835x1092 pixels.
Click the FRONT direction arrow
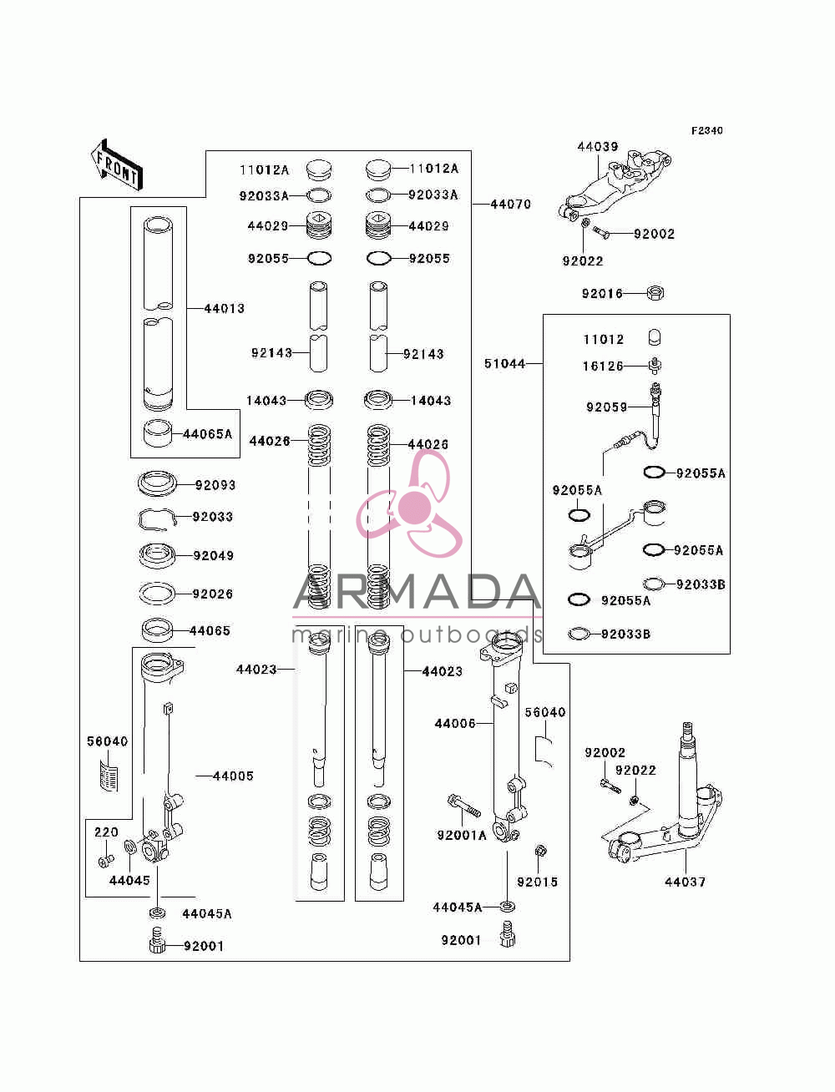click(x=116, y=164)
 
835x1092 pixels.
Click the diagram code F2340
click(x=706, y=131)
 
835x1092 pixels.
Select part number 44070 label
click(x=510, y=204)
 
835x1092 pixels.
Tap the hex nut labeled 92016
click(x=655, y=293)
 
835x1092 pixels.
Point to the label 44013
click(x=225, y=308)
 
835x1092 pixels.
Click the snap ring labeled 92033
click(x=157, y=519)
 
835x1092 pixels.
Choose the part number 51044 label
click(x=504, y=364)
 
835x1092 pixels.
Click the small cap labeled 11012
click(x=655, y=337)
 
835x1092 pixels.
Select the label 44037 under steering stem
click(x=685, y=882)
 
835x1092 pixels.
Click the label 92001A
click(x=461, y=836)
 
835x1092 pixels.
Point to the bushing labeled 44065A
click(x=158, y=433)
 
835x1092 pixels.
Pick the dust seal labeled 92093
click(x=157, y=483)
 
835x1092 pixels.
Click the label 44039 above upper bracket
click(x=598, y=147)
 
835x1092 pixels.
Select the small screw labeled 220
click(x=107, y=860)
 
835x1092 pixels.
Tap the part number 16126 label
click(x=603, y=367)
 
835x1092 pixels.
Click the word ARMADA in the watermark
click(x=417, y=591)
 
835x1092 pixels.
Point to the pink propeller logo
click(x=409, y=503)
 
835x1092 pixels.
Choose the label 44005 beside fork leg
click(x=233, y=776)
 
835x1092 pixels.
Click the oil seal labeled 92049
click(x=157, y=555)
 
